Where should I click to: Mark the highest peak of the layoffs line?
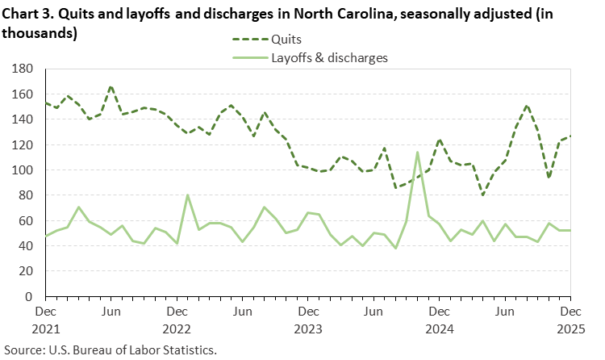[x=417, y=152]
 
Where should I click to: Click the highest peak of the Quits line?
[x=111, y=87]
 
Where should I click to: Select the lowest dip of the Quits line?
[x=482, y=195]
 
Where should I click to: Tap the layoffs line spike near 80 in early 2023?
[x=187, y=195]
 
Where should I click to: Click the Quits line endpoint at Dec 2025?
[x=570, y=136]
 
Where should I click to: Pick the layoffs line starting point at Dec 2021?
[x=45, y=235]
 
